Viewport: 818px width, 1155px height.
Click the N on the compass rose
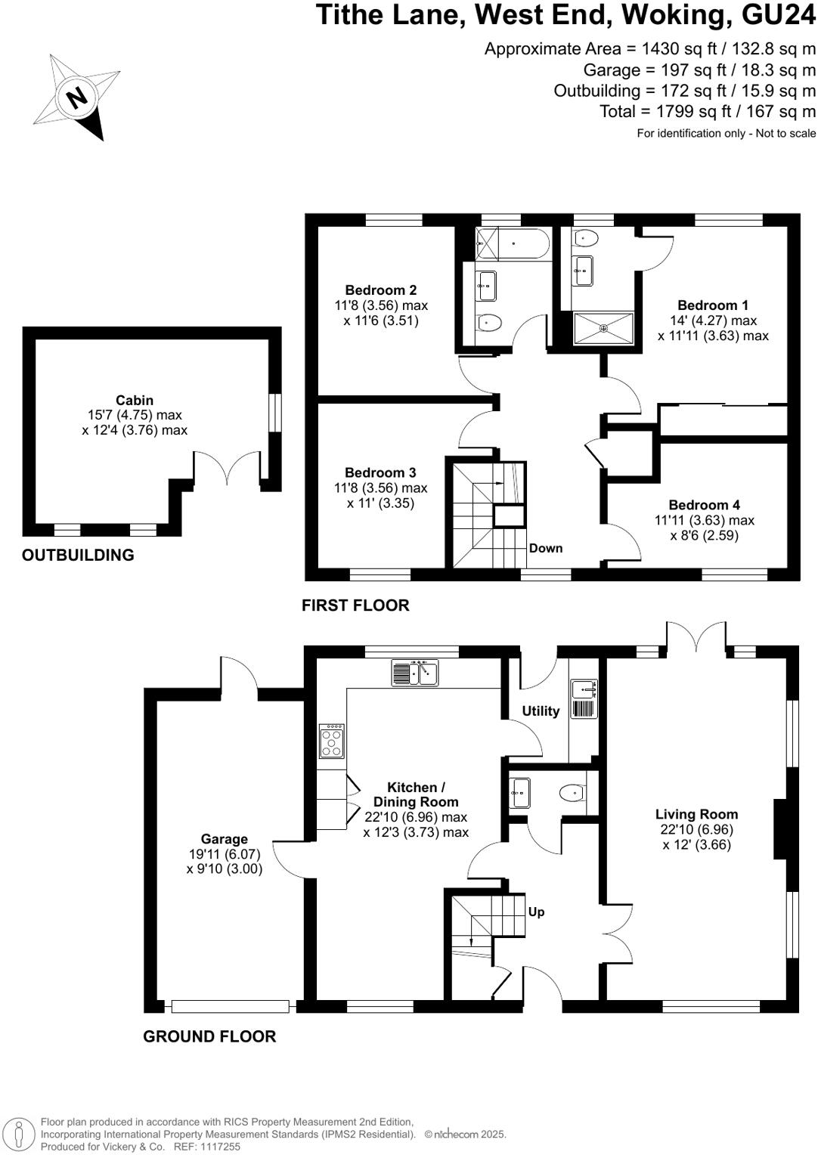click(76, 98)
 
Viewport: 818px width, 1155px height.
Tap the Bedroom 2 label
click(381, 290)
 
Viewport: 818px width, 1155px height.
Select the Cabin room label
click(135, 400)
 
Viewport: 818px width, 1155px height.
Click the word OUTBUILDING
click(78, 555)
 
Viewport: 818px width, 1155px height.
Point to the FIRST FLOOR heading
click(355, 605)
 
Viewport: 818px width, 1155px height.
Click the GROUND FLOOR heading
click(209, 1036)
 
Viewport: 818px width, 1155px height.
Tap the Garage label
click(225, 839)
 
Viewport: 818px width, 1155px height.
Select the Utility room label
click(541, 711)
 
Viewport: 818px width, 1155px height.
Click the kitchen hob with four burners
click(333, 742)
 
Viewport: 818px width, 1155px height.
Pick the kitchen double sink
click(415, 672)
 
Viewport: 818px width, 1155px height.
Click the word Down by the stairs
click(546, 548)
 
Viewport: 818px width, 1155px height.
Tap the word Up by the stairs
click(536, 912)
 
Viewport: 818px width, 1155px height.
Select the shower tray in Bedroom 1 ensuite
click(603, 328)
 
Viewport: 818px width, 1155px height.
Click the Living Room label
click(696, 814)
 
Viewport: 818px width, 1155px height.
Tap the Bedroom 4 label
click(704, 505)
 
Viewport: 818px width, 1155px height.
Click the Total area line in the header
click(708, 112)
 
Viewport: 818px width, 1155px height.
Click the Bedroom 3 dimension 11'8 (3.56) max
click(381, 488)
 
